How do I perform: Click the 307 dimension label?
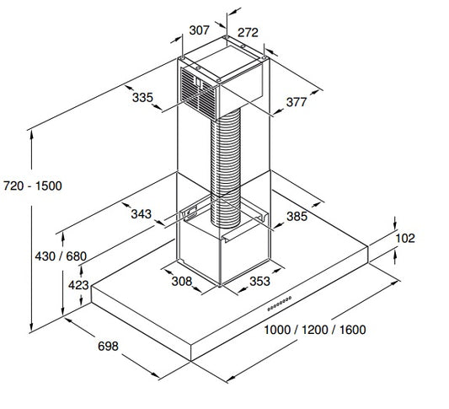200,30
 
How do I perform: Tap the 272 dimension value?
248,32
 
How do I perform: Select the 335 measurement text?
142,98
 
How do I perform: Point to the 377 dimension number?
297,102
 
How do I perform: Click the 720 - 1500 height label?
33,186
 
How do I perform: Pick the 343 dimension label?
142,214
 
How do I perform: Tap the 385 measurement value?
297,217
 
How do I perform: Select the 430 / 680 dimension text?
61,256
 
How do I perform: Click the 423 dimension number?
78,285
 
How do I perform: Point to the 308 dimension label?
182,281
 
